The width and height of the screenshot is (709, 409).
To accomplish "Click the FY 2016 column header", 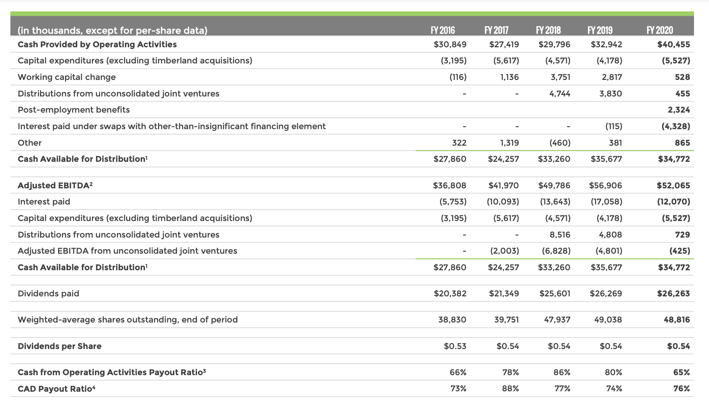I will [443, 30].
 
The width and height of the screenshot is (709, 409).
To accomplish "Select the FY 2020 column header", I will [660, 30].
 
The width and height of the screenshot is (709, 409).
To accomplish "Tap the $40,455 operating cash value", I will [674, 45].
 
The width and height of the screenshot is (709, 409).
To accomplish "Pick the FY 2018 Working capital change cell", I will [560, 77].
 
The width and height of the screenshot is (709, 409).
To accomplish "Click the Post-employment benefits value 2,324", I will [679, 110].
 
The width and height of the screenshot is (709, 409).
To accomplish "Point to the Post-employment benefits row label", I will [74, 110].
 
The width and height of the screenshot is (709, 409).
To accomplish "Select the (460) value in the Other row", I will [560, 143].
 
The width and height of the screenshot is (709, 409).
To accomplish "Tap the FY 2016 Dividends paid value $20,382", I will [450, 294].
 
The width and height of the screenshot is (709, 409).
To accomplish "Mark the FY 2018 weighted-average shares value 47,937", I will [557, 320].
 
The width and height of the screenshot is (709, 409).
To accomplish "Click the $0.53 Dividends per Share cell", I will [455, 346].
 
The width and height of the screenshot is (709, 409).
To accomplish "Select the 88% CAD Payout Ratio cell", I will [510, 389].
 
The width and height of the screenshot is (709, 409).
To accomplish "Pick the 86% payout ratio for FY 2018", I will [562, 372].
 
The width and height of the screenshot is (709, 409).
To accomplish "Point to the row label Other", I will [30, 143].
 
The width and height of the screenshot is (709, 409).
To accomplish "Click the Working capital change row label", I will [67, 77].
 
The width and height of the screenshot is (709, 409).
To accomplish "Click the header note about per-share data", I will [112, 30].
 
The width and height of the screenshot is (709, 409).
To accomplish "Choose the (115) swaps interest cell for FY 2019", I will [614, 126].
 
